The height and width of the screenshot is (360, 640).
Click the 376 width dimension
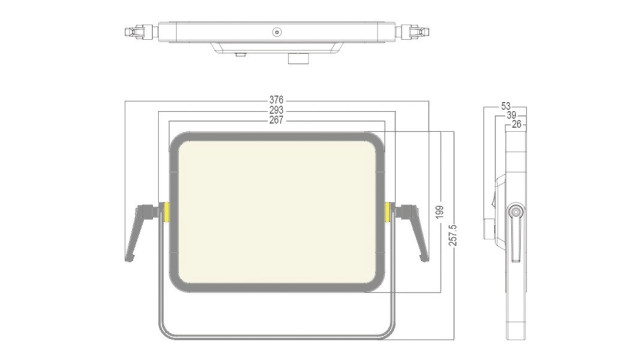point(276,100)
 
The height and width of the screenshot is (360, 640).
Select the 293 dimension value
point(276,110)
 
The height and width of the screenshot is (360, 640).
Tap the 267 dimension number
point(276,120)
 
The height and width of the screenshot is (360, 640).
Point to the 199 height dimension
point(440,212)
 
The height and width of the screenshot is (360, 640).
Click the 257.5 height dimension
point(453,235)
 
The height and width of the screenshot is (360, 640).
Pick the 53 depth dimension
point(506,106)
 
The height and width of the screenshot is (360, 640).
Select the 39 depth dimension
point(511,116)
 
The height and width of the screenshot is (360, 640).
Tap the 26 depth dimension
point(516,124)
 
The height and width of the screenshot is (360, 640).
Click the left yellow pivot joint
point(166,212)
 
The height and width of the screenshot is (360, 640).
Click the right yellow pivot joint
point(387,212)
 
